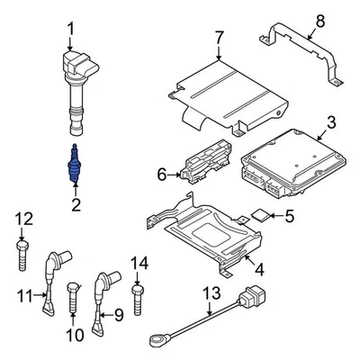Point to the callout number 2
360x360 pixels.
(75, 205)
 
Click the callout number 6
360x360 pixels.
(162, 173)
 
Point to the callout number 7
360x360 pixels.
(218, 38)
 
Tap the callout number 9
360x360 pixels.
(116, 314)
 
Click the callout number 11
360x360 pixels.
(25, 292)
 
